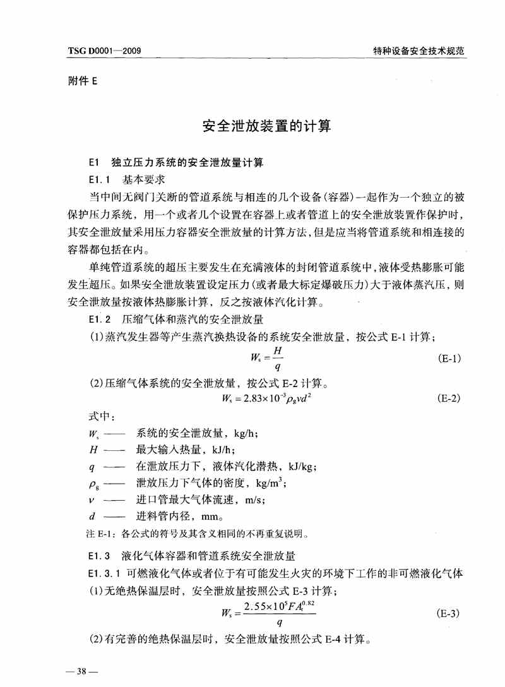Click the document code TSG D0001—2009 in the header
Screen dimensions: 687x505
click(104, 51)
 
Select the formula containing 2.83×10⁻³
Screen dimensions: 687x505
click(268, 398)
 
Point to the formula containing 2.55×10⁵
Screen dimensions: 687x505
click(268, 612)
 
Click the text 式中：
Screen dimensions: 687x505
click(100, 417)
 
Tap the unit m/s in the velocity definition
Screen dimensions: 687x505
click(248, 500)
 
